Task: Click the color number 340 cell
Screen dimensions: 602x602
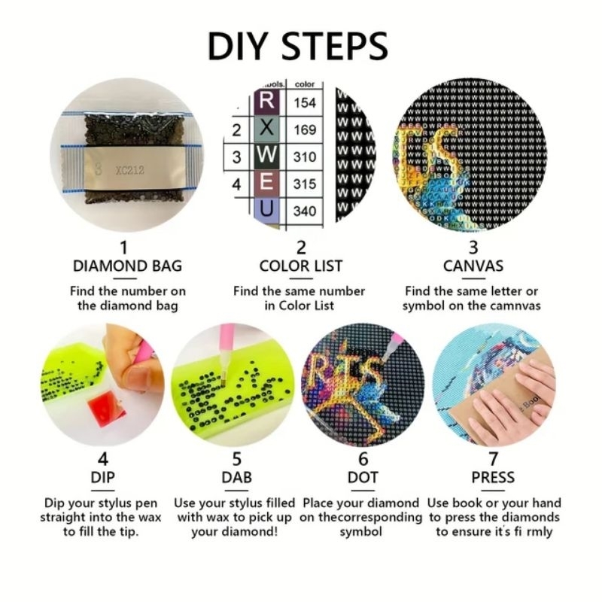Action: pyautogui.click(x=305, y=211)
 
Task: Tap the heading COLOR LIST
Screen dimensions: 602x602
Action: pyautogui.click(x=300, y=266)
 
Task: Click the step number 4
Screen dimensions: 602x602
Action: pyautogui.click(x=103, y=458)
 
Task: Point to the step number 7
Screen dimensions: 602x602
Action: pyautogui.click(x=493, y=458)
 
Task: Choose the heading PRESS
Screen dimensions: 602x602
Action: pyautogui.click(x=493, y=477)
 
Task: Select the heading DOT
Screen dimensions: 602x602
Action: pyautogui.click(x=363, y=477)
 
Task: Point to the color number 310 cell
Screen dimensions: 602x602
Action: pyautogui.click(x=305, y=157)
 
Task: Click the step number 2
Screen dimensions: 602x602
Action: pyautogui.click(x=300, y=247)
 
